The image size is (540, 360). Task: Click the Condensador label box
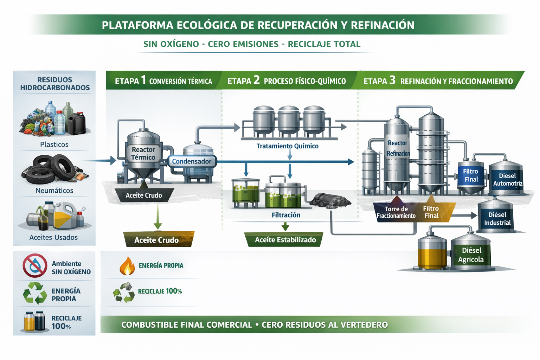(x=192, y=161)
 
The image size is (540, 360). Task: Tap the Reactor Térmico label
(x=143, y=153)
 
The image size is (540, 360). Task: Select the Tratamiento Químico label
(x=287, y=146)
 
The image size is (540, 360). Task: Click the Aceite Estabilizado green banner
(x=285, y=240)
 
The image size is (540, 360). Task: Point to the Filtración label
(x=286, y=215)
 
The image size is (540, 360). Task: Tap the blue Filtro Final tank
(x=470, y=176)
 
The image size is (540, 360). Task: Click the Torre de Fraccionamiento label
(x=396, y=212)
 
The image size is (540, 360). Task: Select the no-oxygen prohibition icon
(x=35, y=266)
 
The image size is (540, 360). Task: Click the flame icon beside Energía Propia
(x=127, y=266)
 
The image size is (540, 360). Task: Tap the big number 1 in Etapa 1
(x=143, y=80)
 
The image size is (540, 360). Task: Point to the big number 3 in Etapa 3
(x=392, y=80)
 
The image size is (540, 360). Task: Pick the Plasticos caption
(x=54, y=144)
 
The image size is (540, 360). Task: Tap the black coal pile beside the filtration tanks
(x=330, y=201)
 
